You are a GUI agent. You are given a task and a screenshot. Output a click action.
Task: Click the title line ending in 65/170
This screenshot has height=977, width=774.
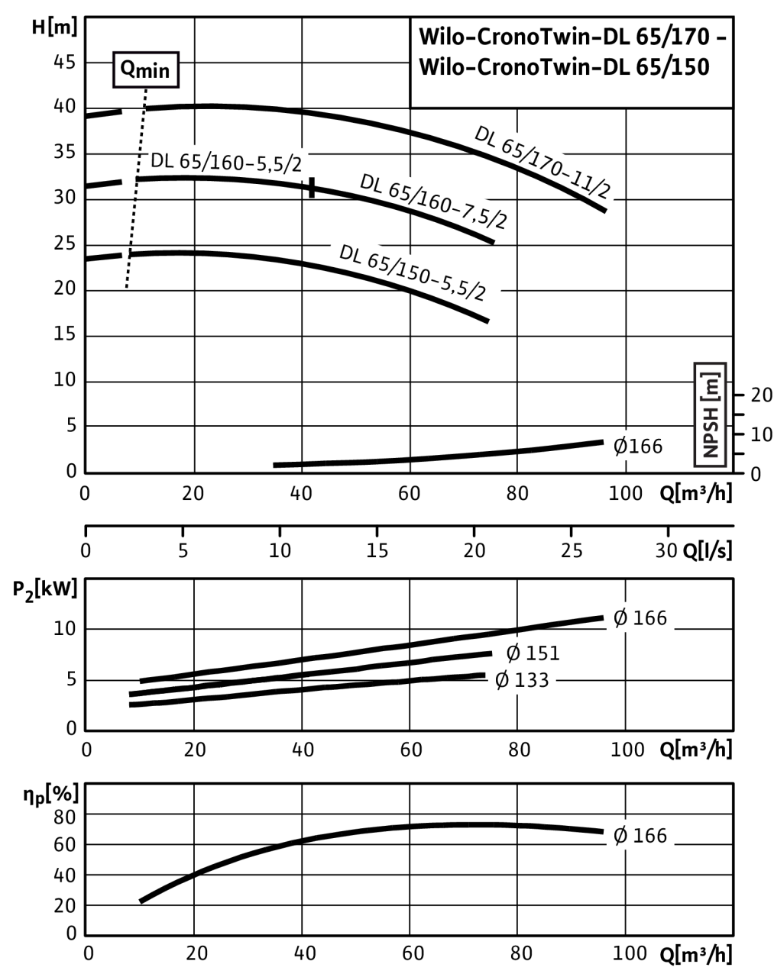point(571,38)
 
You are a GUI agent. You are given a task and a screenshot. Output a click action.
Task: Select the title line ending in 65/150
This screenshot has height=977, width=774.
point(564,68)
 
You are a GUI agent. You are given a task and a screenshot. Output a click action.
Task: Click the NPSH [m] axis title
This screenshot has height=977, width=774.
point(711,414)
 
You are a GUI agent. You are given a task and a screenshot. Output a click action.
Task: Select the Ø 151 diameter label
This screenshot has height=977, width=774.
point(533,653)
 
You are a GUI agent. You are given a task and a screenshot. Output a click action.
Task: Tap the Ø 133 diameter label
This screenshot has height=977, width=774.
point(522,680)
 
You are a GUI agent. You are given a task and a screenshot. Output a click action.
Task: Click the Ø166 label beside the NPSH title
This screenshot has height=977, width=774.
point(639,446)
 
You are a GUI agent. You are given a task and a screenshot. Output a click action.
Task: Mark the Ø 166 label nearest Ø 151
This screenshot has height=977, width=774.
point(640,617)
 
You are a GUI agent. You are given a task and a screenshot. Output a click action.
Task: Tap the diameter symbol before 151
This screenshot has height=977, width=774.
point(513,653)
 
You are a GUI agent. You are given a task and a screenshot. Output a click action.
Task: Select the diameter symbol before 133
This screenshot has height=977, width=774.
point(502,680)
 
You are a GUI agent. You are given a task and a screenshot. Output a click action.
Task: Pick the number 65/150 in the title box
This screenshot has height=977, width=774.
point(672,68)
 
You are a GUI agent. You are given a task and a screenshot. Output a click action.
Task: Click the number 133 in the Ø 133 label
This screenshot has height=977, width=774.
point(532,680)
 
